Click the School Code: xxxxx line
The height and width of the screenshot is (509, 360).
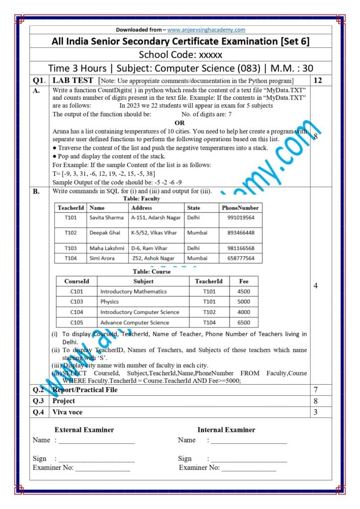pos(180,55)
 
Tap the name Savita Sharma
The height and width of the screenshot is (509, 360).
pos(106,218)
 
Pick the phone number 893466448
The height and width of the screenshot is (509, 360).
pos(241,233)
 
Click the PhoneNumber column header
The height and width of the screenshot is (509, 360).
pos(240,208)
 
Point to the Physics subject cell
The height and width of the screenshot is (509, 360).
pos(109,302)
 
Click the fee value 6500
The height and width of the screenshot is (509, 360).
pos(244,323)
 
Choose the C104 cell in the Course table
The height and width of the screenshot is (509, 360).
pos(77,312)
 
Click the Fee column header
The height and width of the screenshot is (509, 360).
pos(244,281)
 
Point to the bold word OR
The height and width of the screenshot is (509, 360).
pos(180,123)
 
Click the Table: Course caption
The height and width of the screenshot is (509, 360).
pos(152,272)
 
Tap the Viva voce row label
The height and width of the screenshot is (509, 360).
pos(68,412)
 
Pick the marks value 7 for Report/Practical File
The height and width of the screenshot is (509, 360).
pos(315,390)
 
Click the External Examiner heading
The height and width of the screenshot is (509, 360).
pos(84,429)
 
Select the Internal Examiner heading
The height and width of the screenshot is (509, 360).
pos(226,429)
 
